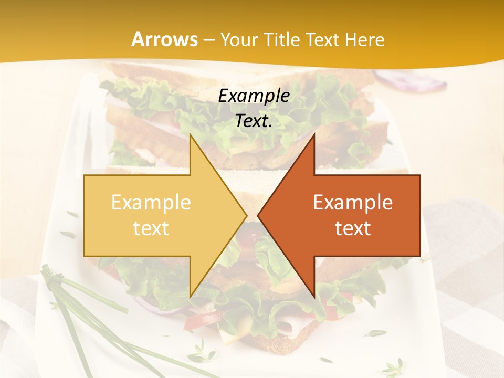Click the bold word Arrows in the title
(x=164, y=39)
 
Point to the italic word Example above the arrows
(x=254, y=96)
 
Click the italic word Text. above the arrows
(x=254, y=121)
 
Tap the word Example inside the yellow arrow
(x=151, y=202)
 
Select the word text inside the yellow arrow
(x=151, y=228)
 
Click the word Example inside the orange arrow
(x=353, y=202)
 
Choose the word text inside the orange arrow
(x=353, y=228)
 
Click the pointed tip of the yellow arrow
(x=246, y=215)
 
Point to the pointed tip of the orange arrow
(x=258, y=215)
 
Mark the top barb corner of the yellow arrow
(x=190, y=135)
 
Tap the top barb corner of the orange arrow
(x=314, y=135)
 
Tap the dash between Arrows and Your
(x=208, y=40)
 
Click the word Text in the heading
(x=323, y=39)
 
